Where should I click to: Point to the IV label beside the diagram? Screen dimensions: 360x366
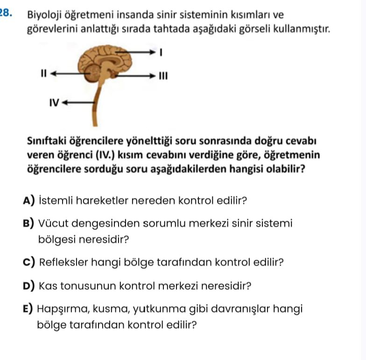[x=54, y=102]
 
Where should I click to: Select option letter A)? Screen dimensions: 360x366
[x=29, y=201]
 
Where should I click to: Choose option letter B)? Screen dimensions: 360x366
[x=29, y=224]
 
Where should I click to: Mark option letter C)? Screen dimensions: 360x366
[x=29, y=262]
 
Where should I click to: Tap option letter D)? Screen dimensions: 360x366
[x=29, y=285]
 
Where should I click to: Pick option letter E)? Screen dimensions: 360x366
[x=28, y=309]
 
